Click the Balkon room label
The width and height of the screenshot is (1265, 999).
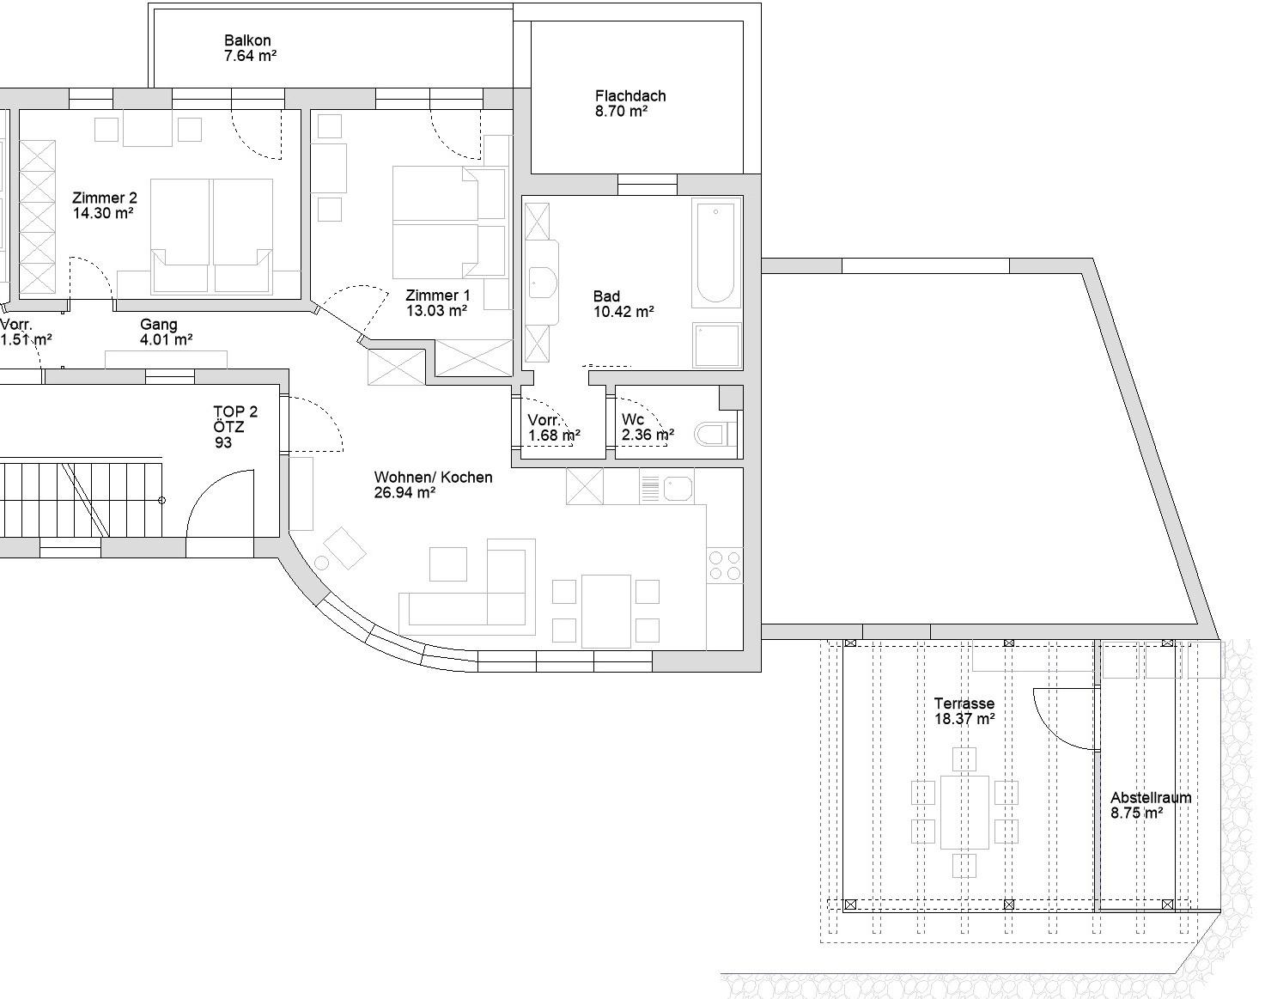pyautogui.click(x=247, y=40)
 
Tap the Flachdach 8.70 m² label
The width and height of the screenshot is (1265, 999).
pyautogui.click(x=630, y=103)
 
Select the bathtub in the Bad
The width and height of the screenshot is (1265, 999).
pyautogui.click(x=716, y=253)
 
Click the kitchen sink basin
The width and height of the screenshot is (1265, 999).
pyautogui.click(x=678, y=489)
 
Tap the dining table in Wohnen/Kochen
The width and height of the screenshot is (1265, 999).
pyautogui.click(x=606, y=611)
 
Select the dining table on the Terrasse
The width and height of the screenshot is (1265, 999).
pyautogui.click(x=964, y=812)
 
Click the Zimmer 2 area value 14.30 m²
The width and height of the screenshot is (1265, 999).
pyautogui.click(x=103, y=213)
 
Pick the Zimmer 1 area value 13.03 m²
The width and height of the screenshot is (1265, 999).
pyautogui.click(x=436, y=310)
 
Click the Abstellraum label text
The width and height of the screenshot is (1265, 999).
pyautogui.click(x=1151, y=798)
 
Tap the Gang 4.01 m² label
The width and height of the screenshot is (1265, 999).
pyautogui.click(x=166, y=332)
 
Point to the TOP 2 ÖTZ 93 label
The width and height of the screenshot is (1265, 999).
pyautogui.click(x=235, y=427)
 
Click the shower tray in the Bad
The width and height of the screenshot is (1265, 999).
pyautogui.click(x=716, y=344)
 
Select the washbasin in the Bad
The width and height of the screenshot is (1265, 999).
pyautogui.click(x=543, y=283)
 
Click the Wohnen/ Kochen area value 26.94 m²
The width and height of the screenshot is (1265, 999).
pyautogui.click(x=404, y=493)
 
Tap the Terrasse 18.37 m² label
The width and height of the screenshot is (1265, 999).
pyautogui.click(x=964, y=711)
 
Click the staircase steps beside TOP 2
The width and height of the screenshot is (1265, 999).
pyautogui.click(x=81, y=499)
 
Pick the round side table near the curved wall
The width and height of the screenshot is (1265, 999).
pyautogui.click(x=321, y=563)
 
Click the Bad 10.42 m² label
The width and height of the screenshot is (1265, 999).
pyautogui.click(x=623, y=304)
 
